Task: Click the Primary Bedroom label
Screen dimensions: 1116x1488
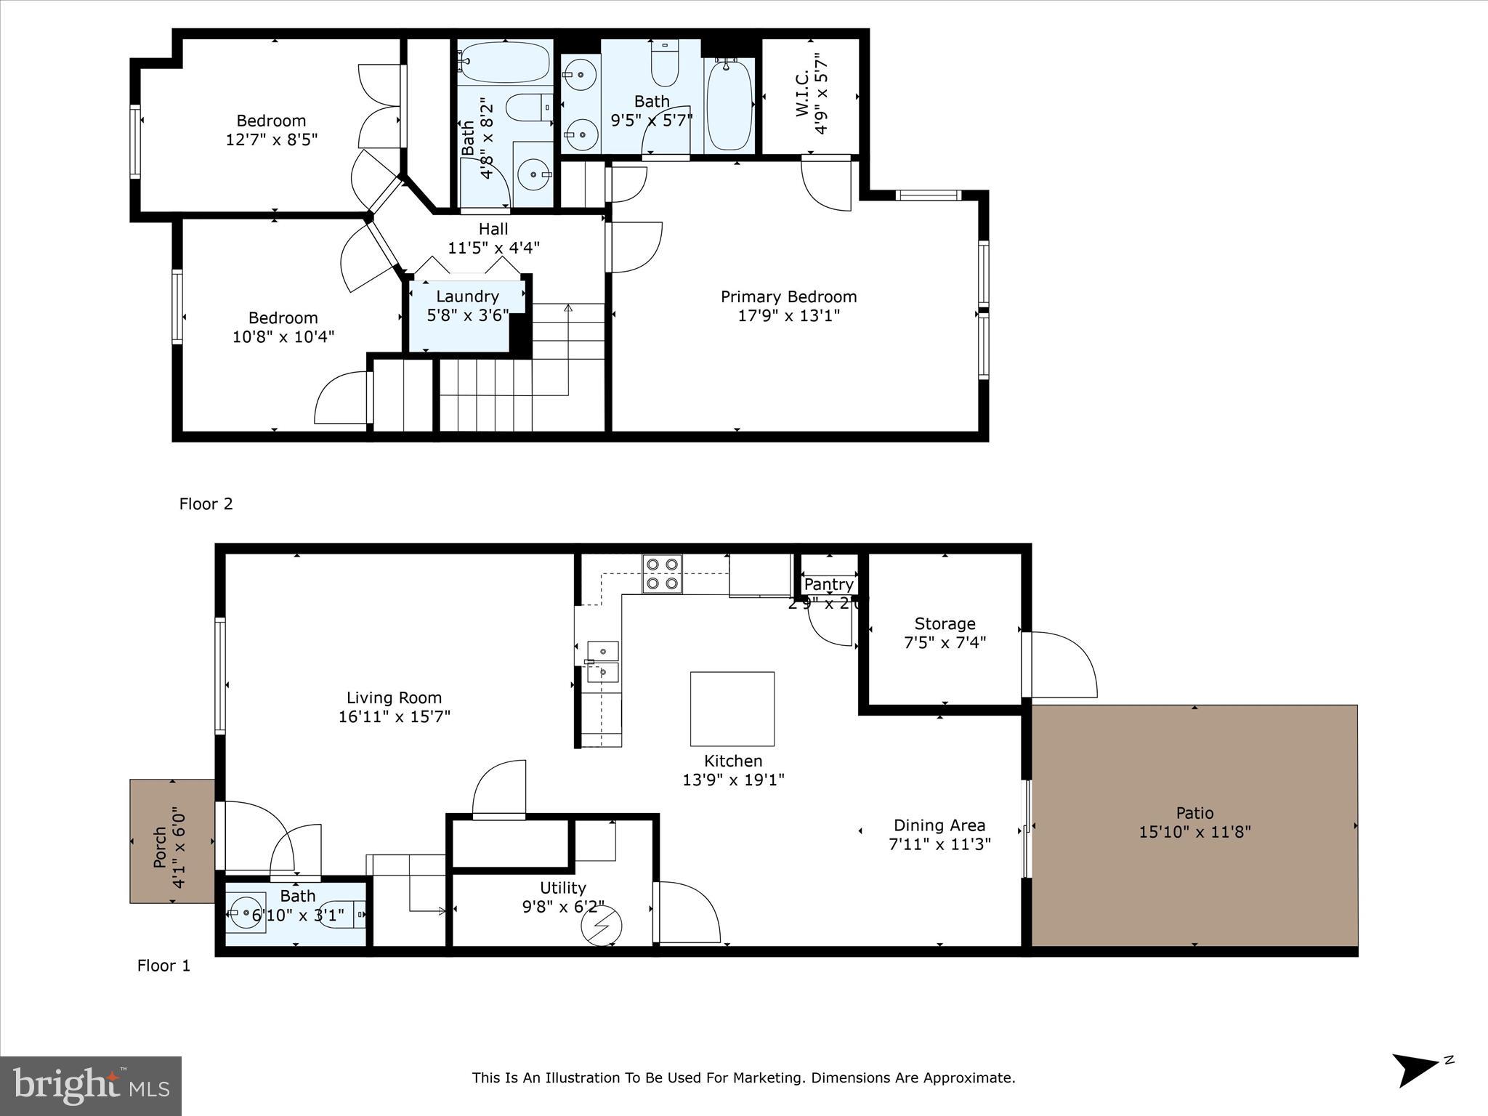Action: (x=788, y=296)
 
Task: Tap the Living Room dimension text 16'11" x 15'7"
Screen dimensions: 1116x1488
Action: (x=394, y=716)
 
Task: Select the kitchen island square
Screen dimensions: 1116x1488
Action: (x=732, y=708)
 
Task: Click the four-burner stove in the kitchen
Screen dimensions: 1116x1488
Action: (x=662, y=574)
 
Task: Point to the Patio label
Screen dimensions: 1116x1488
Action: (x=1194, y=813)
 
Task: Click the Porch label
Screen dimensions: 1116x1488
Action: (x=160, y=847)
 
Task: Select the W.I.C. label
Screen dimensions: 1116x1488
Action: (x=802, y=94)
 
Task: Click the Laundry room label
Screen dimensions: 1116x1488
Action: (x=467, y=296)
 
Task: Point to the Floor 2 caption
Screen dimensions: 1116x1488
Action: (x=206, y=504)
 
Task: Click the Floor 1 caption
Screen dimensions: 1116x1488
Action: (x=163, y=966)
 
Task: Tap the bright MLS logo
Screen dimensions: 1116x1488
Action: (x=91, y=1085)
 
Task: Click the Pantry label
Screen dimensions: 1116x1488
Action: (x=828, y=584)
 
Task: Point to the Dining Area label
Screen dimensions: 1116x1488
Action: (x=939, y=825)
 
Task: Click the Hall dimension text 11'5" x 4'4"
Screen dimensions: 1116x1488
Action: (x=493, y=248)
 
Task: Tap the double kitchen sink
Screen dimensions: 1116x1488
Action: (x=602, y=662)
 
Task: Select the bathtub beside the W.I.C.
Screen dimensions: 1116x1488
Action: (x=729, y=105)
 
